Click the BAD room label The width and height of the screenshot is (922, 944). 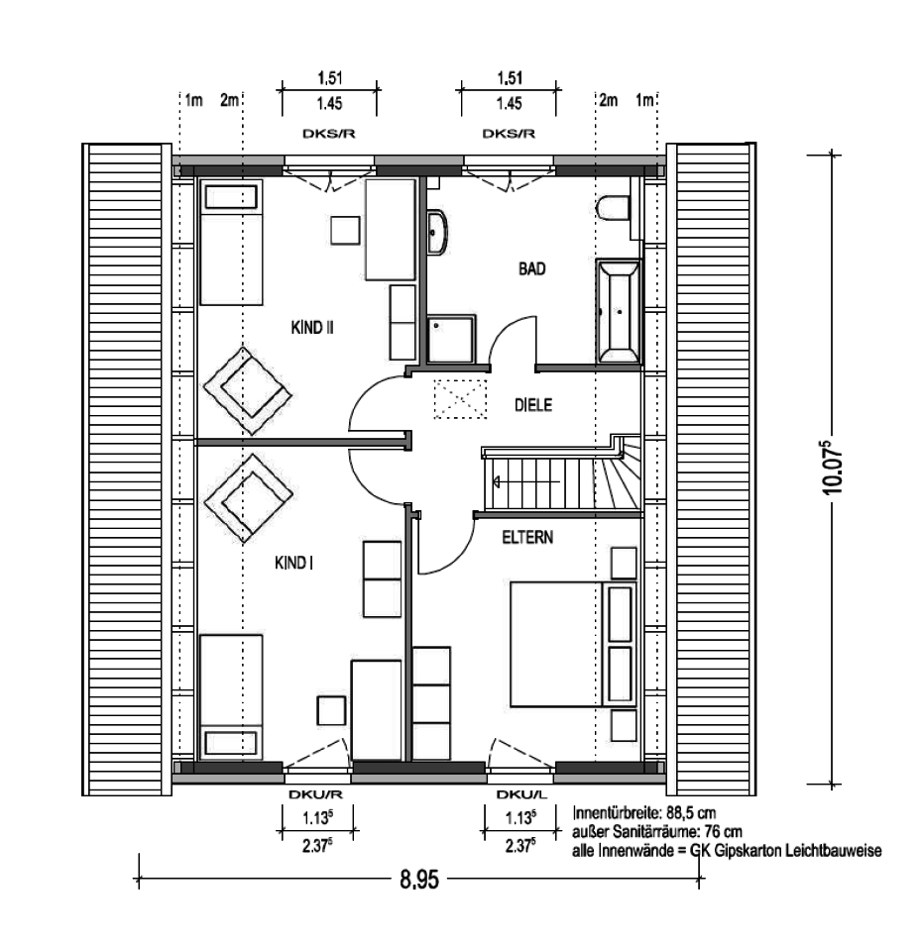coord(532,268)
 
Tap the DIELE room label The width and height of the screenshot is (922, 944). coord(533,405)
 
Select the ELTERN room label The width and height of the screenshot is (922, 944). coord(527,537)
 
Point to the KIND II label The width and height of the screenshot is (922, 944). coord(312,328)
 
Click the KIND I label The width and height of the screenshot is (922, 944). coord(293,563)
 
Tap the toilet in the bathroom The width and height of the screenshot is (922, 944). coord(613,208)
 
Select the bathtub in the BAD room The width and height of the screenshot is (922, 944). coord(619,311)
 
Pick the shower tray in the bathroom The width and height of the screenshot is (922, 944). coord(451,339)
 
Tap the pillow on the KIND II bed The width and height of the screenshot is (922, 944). coord(231,197)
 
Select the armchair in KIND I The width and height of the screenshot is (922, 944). coord(248,498)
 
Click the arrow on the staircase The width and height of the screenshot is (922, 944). coord(526,481)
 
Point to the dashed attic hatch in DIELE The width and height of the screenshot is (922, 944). coord(460,398)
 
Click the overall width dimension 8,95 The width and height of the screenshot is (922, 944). coord(419,881)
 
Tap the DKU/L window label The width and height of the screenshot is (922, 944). coord(521,794)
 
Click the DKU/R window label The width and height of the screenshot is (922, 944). coord(316,794)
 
